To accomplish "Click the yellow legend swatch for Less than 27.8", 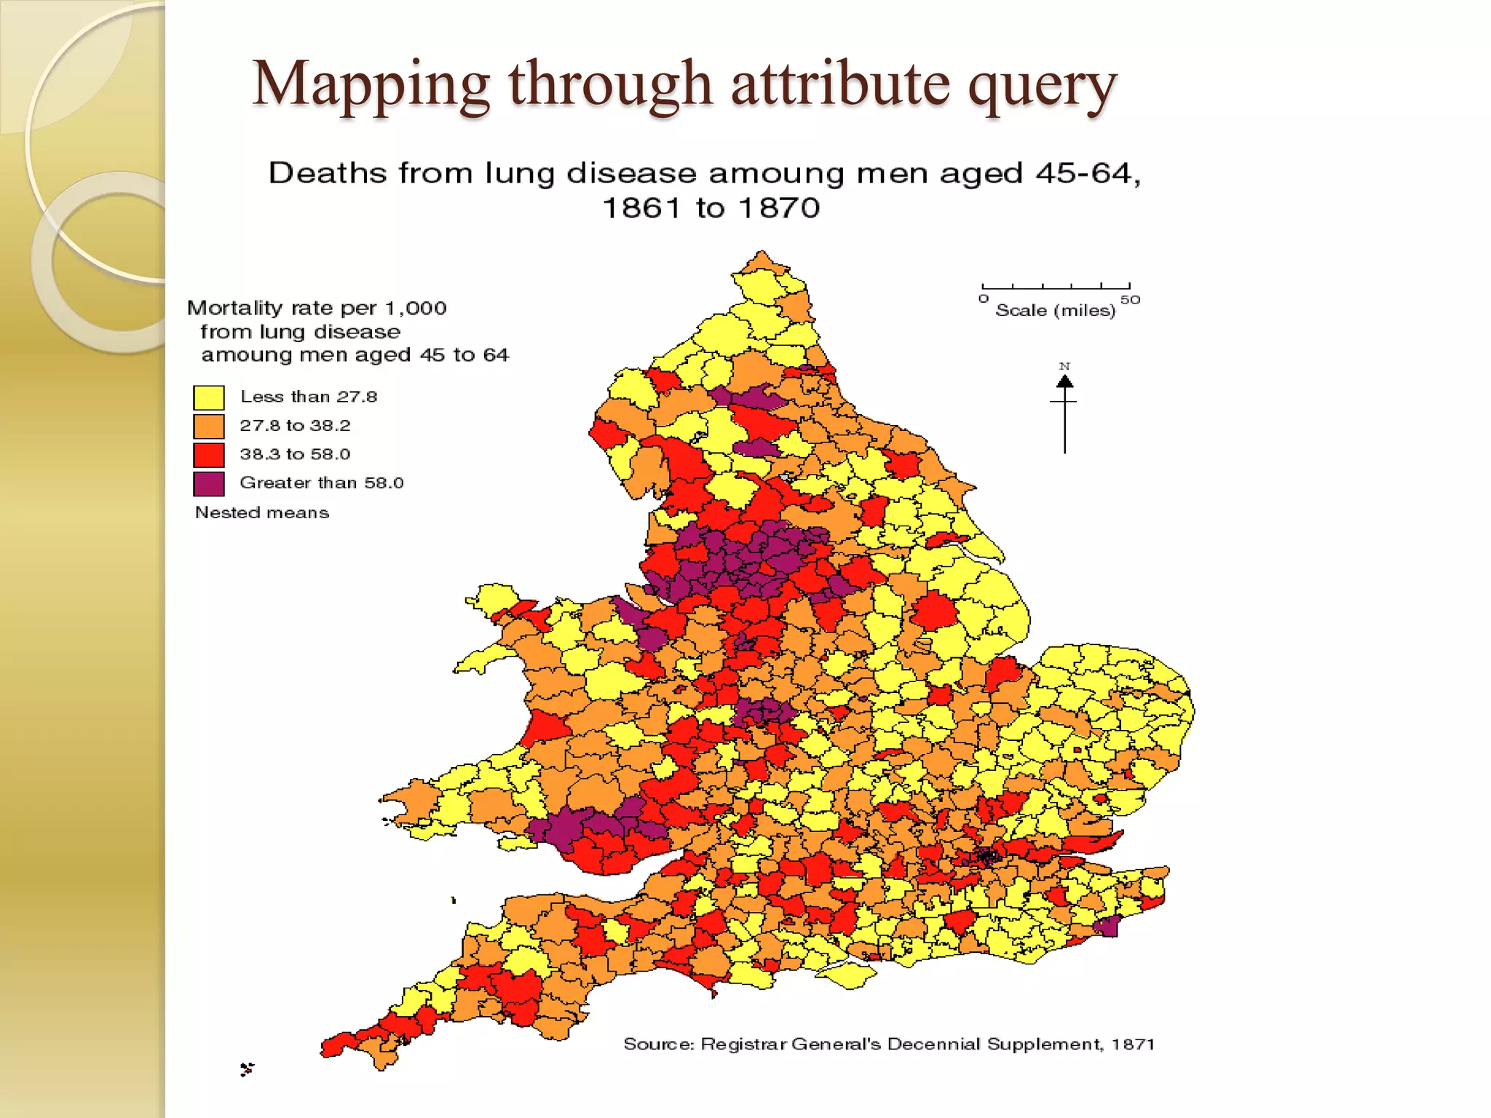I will coord(208,397).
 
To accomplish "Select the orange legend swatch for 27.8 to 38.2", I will coord(208,426).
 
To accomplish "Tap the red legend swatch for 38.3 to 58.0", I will coord(208,455).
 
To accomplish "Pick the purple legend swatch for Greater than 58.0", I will coord(208,483).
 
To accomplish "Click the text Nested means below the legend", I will coord(262,512).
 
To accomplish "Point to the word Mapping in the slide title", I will coord(371,86).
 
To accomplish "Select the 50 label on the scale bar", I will coord(1130,300).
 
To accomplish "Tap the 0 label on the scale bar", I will coord(984,299).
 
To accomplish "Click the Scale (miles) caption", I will coord(1055,311).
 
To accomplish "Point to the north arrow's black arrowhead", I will coord(1064,381).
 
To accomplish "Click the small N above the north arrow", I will coord(1064,366).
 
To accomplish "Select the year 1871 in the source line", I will coord(1133,1044).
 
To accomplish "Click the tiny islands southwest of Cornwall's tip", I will coord(248,1069).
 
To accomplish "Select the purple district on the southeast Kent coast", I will coord(1107,927).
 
